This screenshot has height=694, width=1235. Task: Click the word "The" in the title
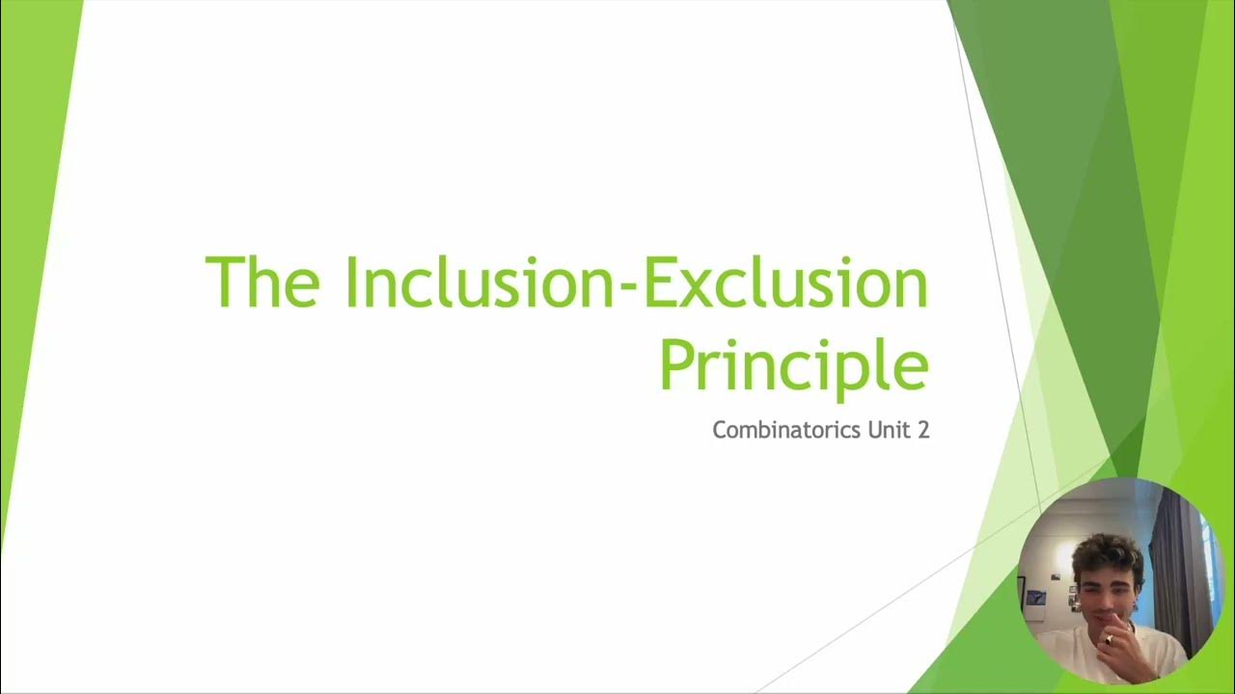261,281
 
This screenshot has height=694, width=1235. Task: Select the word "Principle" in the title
793,364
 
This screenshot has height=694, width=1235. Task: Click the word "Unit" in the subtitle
888,430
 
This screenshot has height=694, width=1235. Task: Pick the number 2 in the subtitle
923,430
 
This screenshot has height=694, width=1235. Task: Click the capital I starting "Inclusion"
350,281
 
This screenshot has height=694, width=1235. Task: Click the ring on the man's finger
1109,639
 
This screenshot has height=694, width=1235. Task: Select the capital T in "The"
225,281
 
